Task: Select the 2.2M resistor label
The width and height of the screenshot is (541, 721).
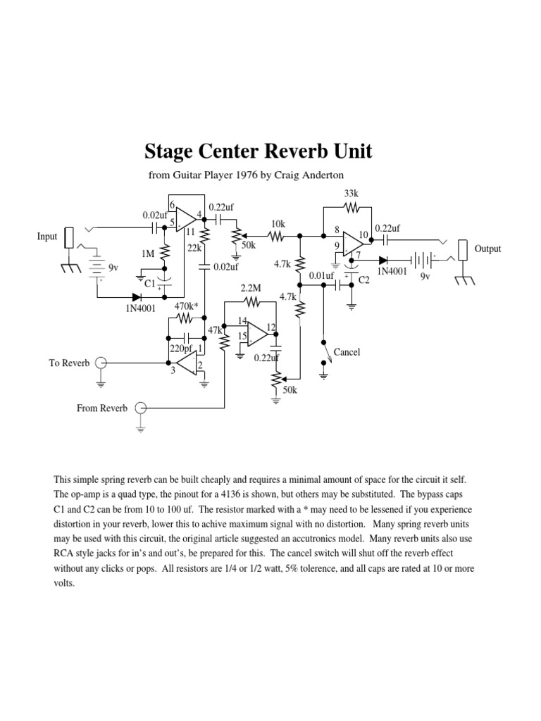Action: (x=250, y=289)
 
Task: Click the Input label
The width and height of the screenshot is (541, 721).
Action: (x=47, y=237)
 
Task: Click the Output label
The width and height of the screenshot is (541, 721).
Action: (x=487, y=249)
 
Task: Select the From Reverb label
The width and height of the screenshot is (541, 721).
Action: (x=102, y=408)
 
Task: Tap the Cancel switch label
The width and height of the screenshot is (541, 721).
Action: (x=347, y=351)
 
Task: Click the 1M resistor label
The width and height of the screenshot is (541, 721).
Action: (x=147, y=253)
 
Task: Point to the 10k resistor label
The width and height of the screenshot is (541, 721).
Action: (x=278, y=223)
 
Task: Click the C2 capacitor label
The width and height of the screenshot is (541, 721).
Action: (x=364, y=280)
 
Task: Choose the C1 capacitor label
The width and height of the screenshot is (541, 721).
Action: (x=149, y=282)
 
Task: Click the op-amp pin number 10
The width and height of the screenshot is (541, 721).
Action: (x=363, y=234)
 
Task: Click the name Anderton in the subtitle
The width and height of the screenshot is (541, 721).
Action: (x=321, y=175)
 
